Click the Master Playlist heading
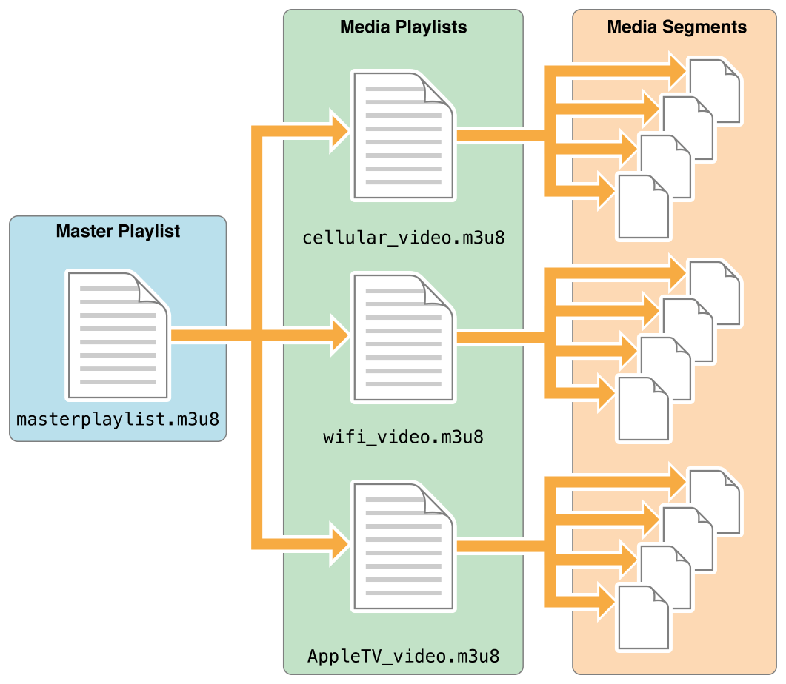(x=118, y=232)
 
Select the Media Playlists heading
(x=403, y=27)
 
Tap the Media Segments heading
(x=676, y=27)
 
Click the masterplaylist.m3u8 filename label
(x=118, y=420)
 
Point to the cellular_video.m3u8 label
(x=404, y=238)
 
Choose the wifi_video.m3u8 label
(x=404, y=437)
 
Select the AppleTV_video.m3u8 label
(x=404, y=656)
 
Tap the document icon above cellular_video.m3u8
(x=402, y=135)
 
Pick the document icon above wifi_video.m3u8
(x=402, y=337)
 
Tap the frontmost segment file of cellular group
(x=642, y=209)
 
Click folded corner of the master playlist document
(x=152, y=289)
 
